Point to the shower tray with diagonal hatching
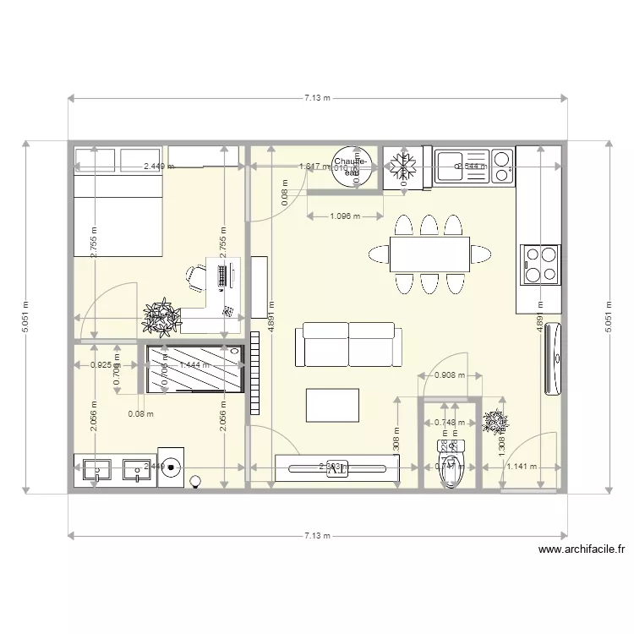(194, 369)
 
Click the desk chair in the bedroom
(196, 276)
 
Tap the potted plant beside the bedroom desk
(161, 317)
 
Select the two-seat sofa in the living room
(349, 345)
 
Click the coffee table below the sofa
(332, 405)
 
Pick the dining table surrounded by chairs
(429, 254)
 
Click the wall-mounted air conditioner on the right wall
(554, 358)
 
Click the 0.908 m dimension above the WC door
(449, 375)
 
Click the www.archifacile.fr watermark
(581, 549)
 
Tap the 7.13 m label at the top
(317, 98)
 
